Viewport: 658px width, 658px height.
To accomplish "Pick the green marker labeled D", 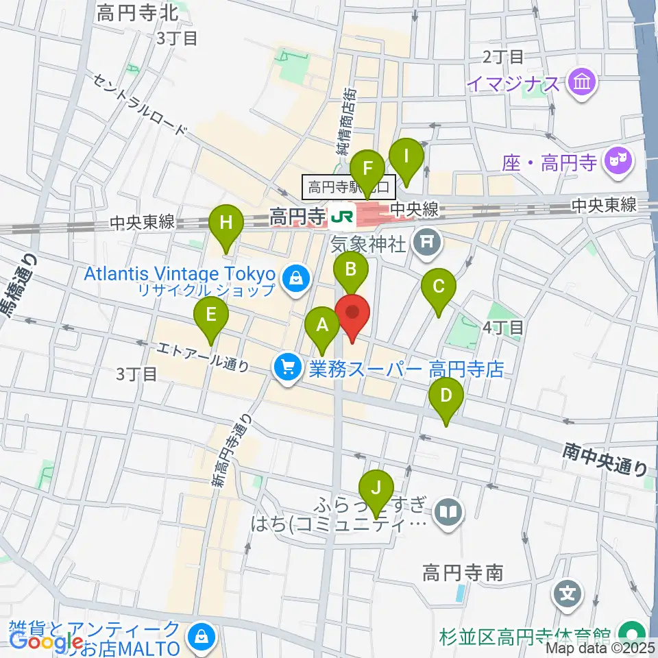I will point(446,398).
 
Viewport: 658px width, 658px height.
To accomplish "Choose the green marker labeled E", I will point(211,316).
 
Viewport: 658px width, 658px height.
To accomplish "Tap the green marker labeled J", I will point(376,489).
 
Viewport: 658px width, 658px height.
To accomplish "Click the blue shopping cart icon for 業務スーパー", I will point(287,369).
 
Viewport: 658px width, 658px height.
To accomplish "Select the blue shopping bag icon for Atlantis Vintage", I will point(295,278).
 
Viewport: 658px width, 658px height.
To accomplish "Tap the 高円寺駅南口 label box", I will point(348,186).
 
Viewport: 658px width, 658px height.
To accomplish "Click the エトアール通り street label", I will point(203,357).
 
